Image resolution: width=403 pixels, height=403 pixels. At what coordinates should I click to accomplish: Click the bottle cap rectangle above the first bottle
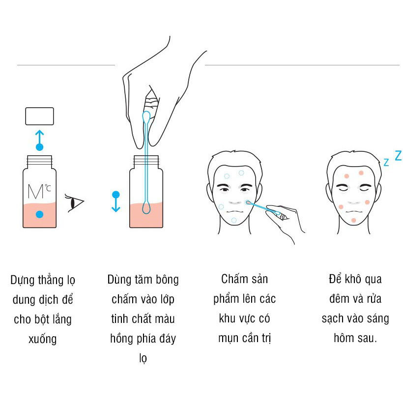click(39, 116)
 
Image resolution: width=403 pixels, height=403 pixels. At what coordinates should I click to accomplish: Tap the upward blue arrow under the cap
click(39, 140)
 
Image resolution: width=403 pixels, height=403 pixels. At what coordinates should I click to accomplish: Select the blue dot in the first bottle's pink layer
click(39, 214)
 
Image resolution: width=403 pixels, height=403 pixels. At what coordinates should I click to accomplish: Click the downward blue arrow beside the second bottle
click(115, 201)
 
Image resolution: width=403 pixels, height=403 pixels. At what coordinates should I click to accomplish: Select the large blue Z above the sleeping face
click(398, 156)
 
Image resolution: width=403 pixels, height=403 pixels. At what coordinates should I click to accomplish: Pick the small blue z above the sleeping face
click(386, 162)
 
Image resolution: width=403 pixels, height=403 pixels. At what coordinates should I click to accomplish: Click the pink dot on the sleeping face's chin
click(353, 219)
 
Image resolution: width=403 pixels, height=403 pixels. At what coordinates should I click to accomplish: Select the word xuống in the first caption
click(42, 339)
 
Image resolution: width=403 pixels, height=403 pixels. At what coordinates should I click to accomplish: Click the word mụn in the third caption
click(230, 338)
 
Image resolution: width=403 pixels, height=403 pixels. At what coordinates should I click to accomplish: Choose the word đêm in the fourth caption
click(336, 299)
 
